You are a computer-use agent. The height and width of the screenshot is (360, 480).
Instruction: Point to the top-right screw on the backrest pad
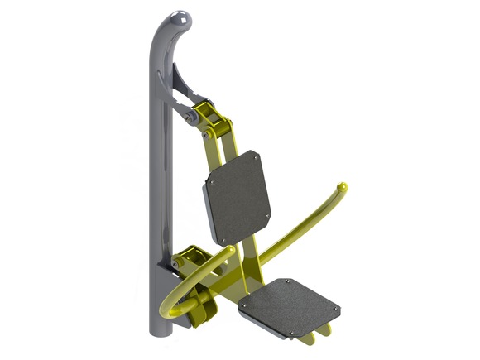coord(257,155)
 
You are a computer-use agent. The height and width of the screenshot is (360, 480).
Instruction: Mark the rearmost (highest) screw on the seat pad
coord(286,281)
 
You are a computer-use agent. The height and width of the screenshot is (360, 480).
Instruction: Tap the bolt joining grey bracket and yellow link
coord(192,118)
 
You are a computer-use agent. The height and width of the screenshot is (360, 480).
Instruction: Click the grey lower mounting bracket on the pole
coord(171,263)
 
